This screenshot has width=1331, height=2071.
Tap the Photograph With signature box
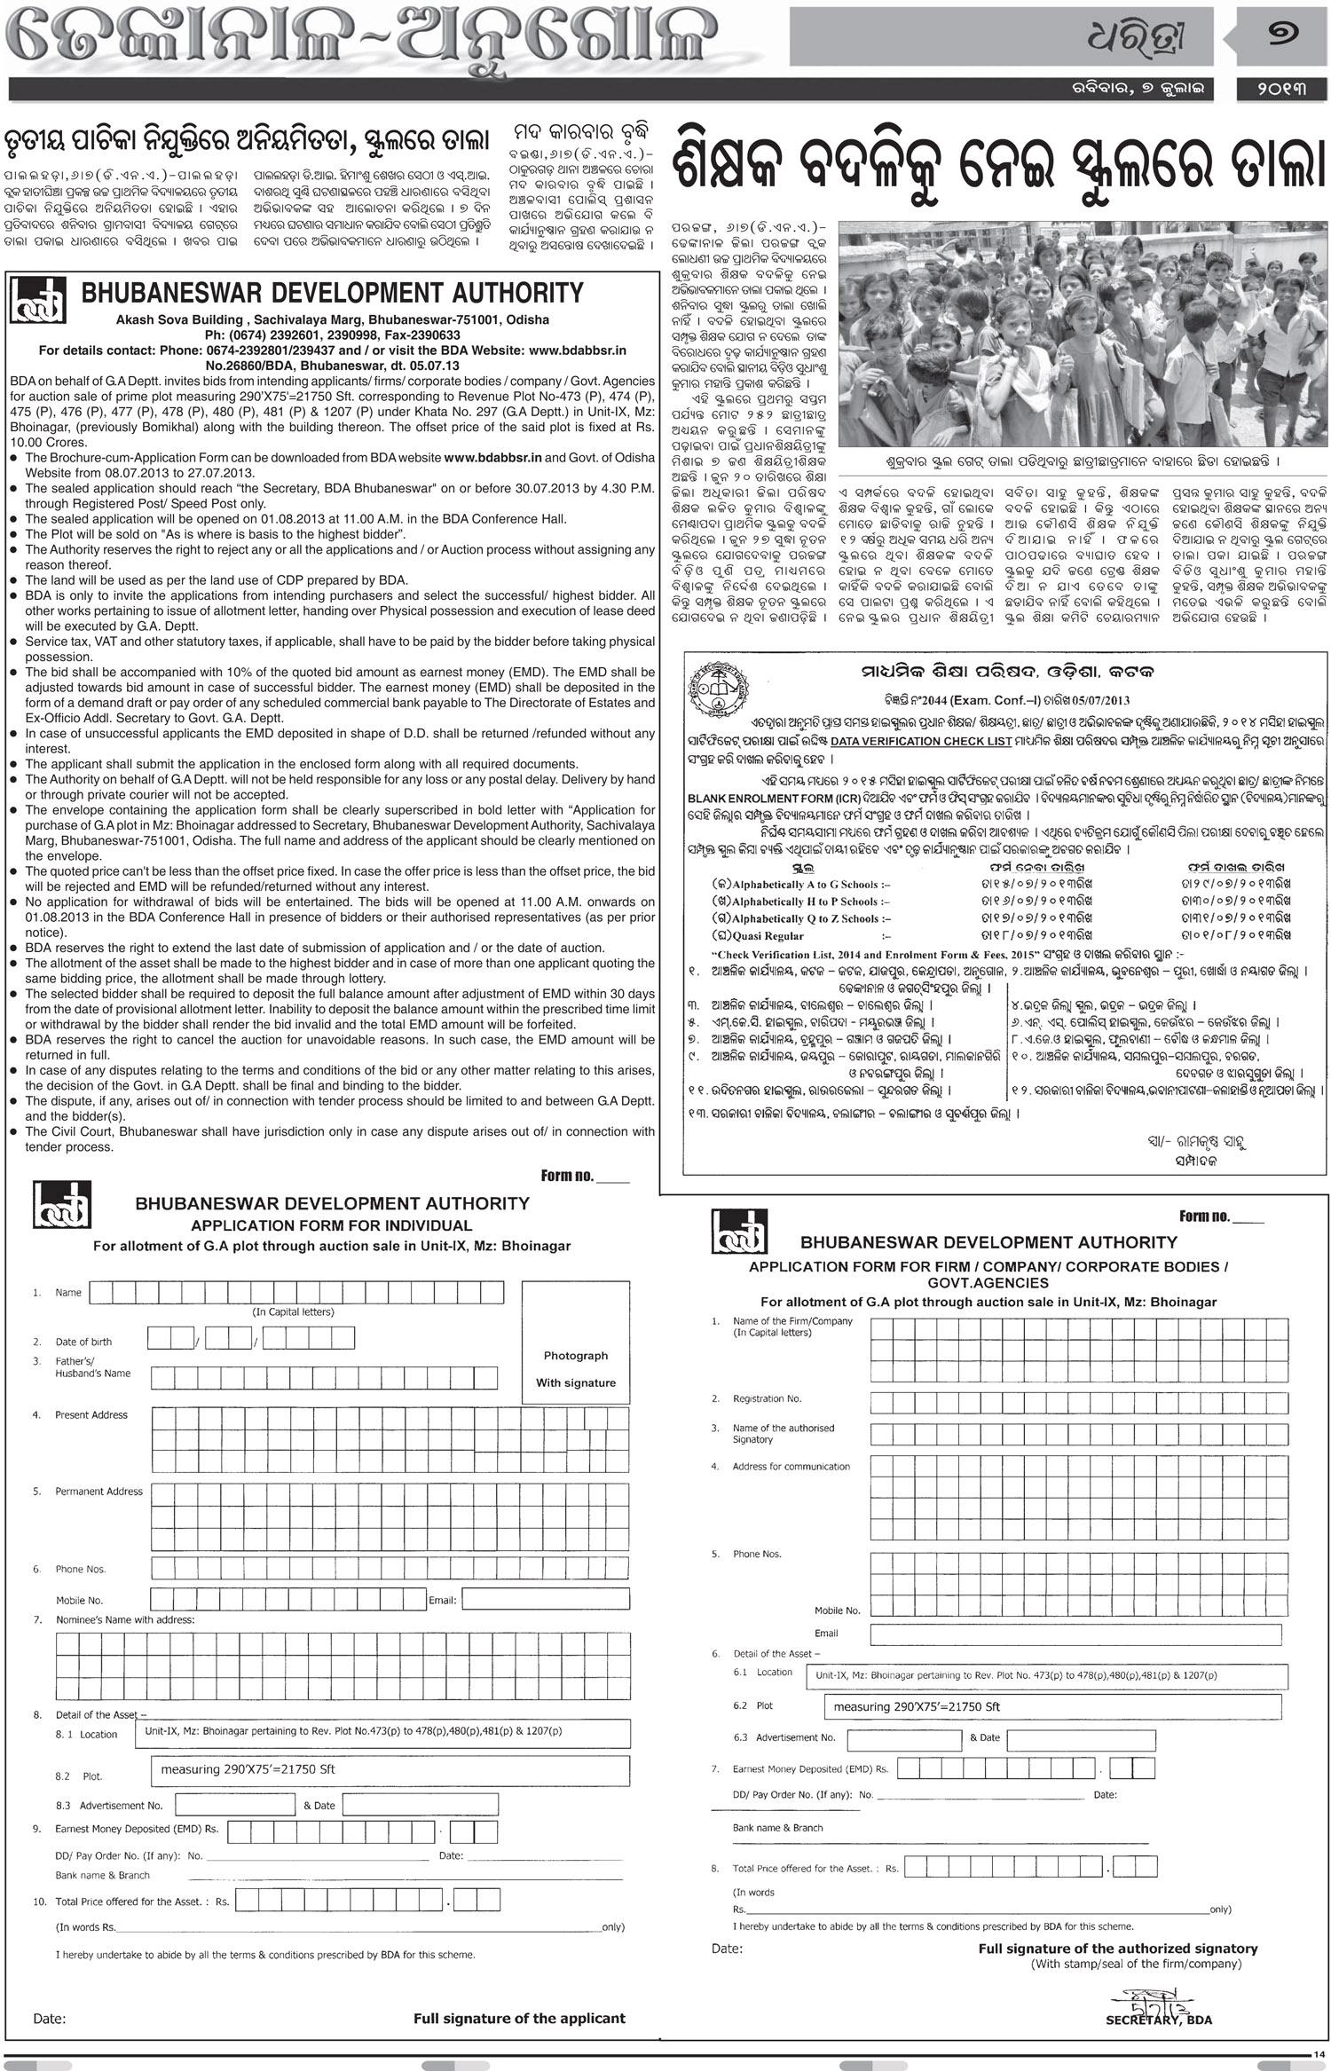tap(575, 1368)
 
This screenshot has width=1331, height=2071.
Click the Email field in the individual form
tap(545, 1599)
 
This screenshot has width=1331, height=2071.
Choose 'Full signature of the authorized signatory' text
tap(1118, 1949)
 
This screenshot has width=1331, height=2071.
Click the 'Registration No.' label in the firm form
tap(767, 1399)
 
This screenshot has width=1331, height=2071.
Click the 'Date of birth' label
tap(83, 1342)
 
